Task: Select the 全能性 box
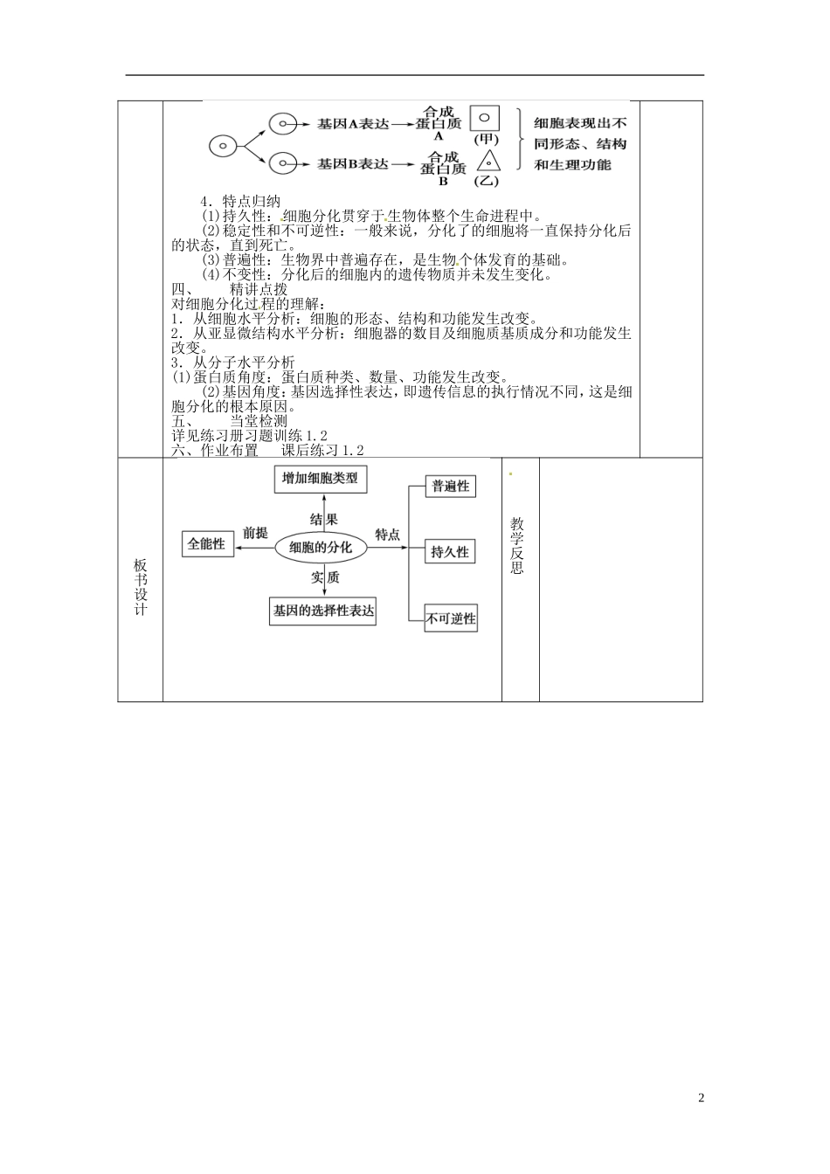tap(206, 543)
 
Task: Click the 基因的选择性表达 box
tap(323, 611)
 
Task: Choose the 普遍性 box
tap(450, 487)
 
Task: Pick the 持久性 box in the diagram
tap(450, 552)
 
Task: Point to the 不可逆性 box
tap(451, 619)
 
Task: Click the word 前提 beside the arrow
tap(255, 533)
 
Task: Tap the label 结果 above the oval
tap(323, 519)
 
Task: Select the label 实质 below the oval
tap(324, 577)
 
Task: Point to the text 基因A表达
tap(352, 124)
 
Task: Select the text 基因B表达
tap(352, 163)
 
